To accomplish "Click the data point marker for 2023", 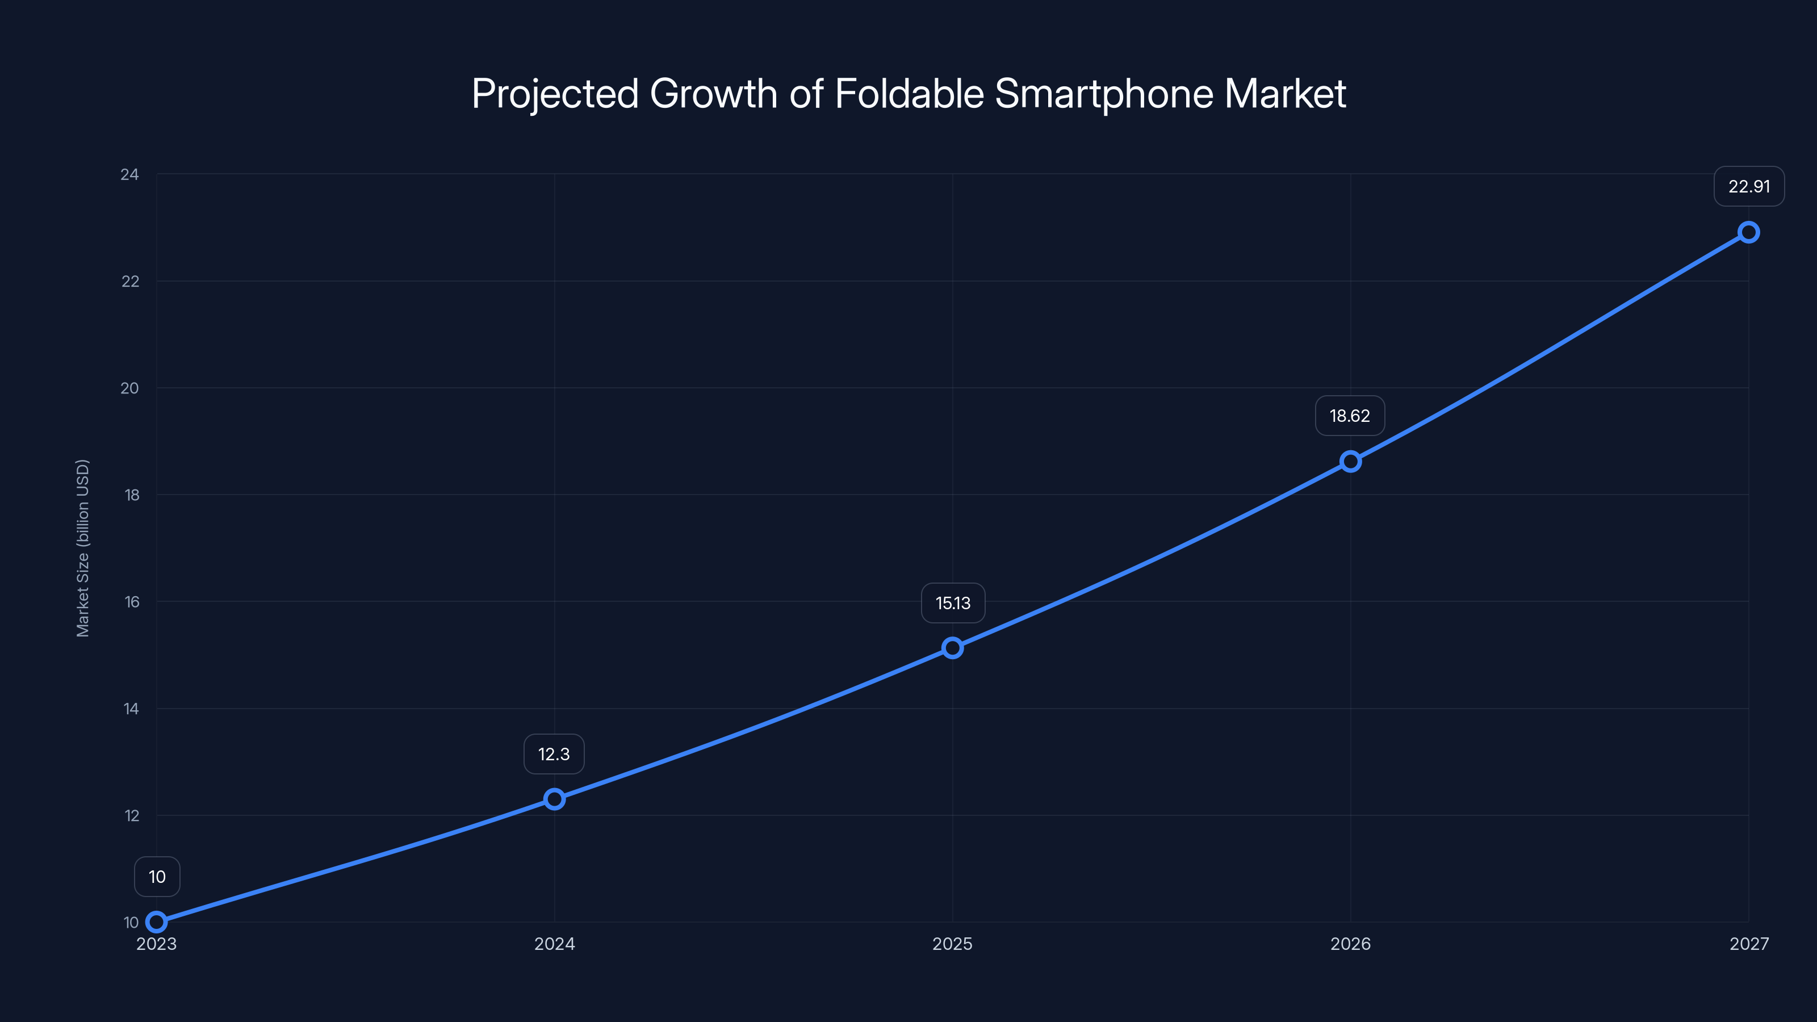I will [157, 922].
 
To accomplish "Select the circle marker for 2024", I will [554, 799].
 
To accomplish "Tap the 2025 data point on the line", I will [952, 647].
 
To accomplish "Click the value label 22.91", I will [1749, 187].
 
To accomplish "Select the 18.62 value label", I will [1349, 416].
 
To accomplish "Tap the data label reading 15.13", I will [952, 603].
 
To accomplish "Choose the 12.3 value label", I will [554, 754].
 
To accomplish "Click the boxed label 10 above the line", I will [157, 877].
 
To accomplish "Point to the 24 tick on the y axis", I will [130, 174].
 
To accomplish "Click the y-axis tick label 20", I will [130, 388].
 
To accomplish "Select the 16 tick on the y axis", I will [132, 602].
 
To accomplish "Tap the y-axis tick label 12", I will [132, 815].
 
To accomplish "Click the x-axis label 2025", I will [952, 944].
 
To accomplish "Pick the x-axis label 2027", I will [1749, 944].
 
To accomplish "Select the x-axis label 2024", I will [554, 944].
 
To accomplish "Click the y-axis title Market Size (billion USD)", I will [82, 548].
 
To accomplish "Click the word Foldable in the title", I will [909, 94].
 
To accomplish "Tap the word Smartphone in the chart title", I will [1103, 94].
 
